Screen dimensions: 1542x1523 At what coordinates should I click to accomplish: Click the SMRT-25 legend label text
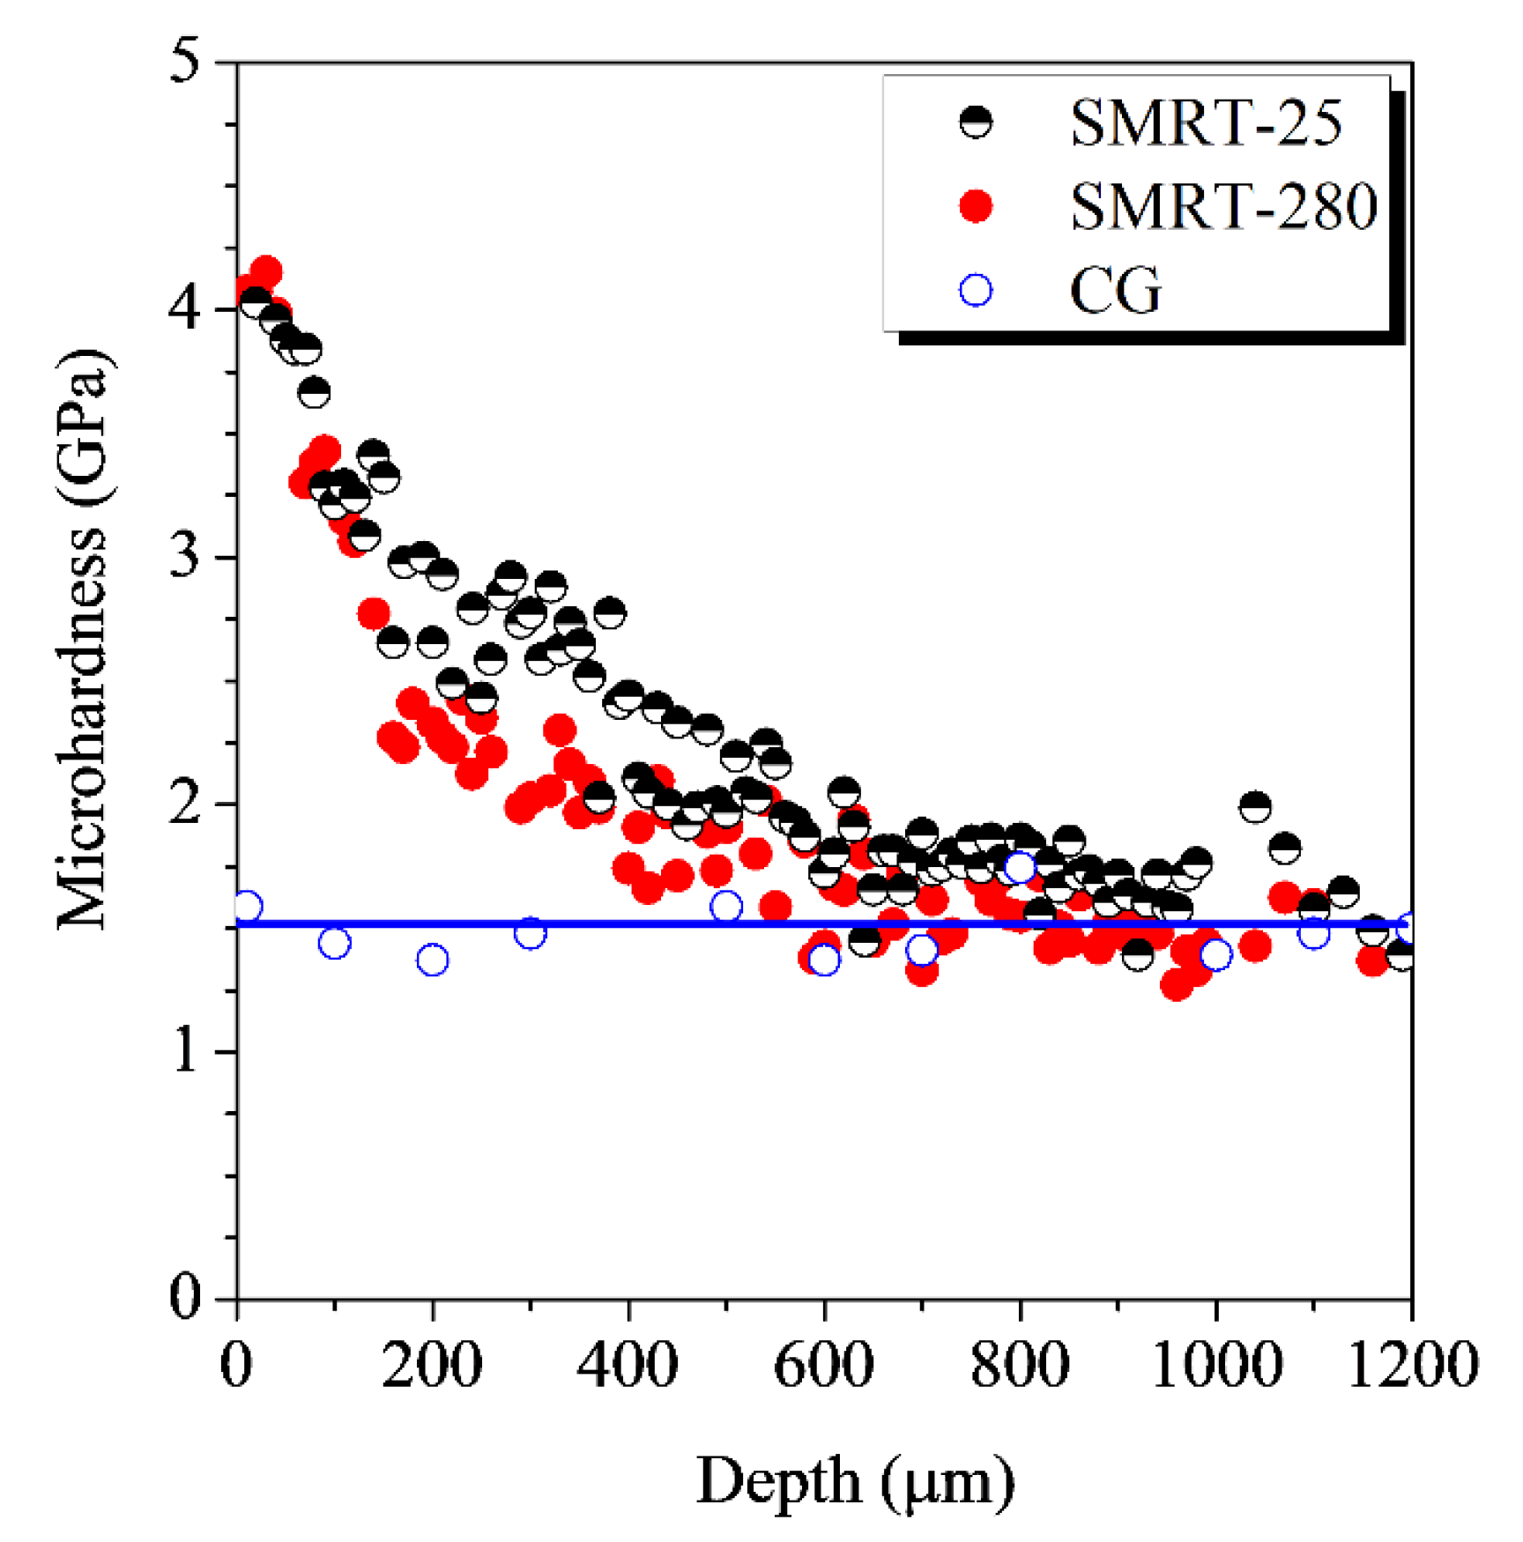coord(1205,122)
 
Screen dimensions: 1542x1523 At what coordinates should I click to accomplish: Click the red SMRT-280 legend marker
coord(976,206)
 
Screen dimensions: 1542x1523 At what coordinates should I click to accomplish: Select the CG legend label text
coord(1115,290)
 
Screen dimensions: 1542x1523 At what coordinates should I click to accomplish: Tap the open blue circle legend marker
coord(976,290)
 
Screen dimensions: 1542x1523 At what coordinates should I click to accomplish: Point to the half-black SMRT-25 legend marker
coord(976,122)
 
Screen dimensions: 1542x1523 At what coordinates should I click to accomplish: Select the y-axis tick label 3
coord(185,557)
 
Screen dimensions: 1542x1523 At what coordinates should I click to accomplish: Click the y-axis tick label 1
coord(185,1051)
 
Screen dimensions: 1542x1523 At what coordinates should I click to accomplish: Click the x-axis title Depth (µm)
coord(855,1480)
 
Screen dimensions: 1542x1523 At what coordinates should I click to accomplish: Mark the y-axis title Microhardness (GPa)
coord(84,639)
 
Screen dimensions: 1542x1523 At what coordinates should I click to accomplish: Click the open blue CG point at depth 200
coord(432,960)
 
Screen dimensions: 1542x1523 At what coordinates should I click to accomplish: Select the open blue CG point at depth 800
coord(1020,867)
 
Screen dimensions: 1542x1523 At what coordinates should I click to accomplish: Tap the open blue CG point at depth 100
coord(334,943)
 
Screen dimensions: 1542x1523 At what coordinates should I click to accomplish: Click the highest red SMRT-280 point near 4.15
coord(265,271)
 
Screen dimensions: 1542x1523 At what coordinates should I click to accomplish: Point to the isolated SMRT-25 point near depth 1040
coord(1254,805)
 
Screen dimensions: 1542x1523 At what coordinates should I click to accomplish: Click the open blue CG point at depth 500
coord(726,906)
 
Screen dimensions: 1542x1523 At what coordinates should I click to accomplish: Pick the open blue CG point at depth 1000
coord(1216,954)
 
